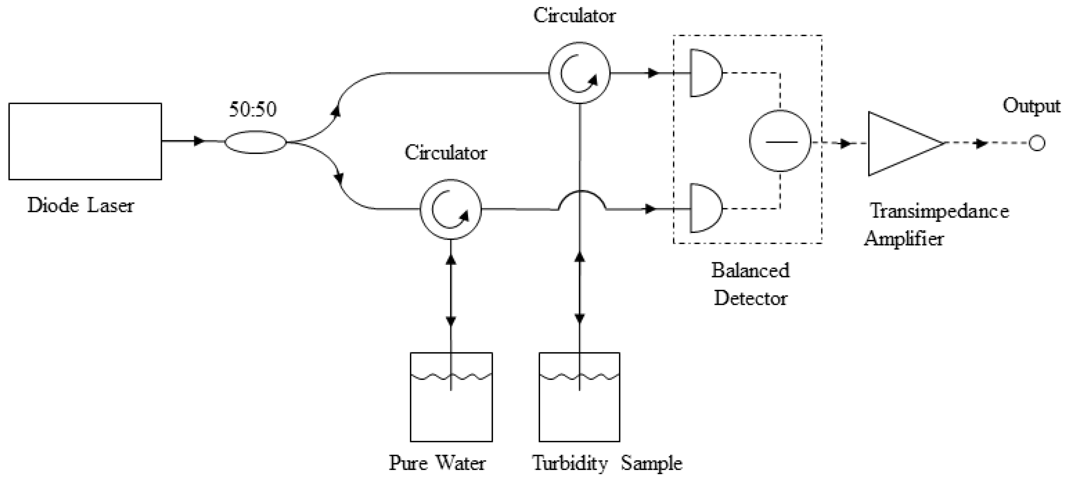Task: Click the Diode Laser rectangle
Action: [x=85, y=141]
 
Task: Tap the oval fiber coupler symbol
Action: [x=255, y=142]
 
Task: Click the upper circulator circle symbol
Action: [x=579, y=73]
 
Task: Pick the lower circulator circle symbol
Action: [x=451, y=209]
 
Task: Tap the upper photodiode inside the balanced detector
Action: [x=704, y=73]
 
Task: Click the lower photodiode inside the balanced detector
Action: [x=704, y=208]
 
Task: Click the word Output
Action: [x=1031, y=106]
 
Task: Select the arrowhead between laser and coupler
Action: [x=199, y=141]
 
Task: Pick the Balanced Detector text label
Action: [x=750, y=284]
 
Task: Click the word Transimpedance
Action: [x=939, y=211]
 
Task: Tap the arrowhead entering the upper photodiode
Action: [x=653, y=73]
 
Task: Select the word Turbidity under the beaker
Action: [x=570, y=463]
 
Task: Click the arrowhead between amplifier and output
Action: [x=981, y=144]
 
